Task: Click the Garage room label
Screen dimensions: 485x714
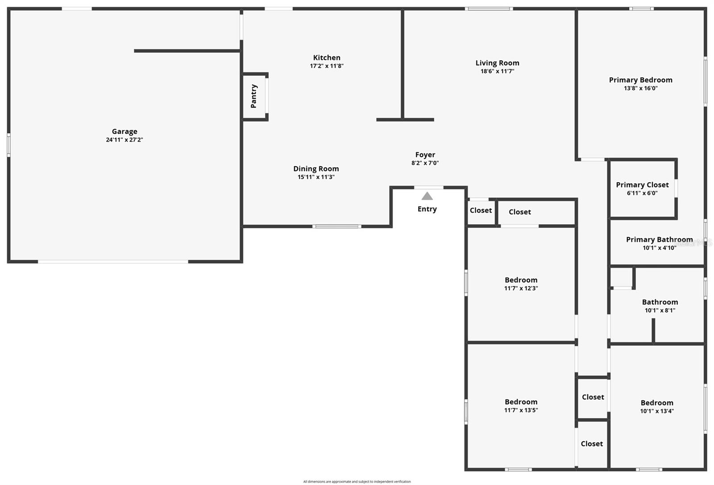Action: point(125,131)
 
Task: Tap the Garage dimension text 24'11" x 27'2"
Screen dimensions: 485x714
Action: point(125,140)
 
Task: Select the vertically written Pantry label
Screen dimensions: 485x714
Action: point(253,96)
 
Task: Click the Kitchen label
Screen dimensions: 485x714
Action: point(327,58)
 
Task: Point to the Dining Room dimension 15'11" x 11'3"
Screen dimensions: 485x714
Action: point(316,177)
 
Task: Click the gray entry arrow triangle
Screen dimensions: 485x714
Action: point(427,196)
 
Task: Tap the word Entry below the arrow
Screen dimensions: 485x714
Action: point(427,209)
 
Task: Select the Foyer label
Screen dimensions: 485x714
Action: point(425,155)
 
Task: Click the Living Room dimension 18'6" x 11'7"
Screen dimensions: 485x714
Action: point(497,71)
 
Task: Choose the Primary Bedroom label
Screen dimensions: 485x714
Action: point(640,80)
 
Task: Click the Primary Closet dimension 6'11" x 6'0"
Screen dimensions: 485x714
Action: point(642,193)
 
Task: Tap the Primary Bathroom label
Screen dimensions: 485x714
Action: point(659,239)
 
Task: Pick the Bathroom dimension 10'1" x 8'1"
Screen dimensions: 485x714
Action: point(660,310)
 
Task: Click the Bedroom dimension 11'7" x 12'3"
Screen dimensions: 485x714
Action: point(521,288)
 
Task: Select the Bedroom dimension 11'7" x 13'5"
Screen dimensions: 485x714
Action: point(521,410)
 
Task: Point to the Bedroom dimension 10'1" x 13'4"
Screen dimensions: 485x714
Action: point(657,411)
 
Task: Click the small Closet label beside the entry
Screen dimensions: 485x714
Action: point(481,210)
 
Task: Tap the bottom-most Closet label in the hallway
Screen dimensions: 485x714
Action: point(592,443)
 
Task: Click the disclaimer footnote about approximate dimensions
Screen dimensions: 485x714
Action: point(357,481)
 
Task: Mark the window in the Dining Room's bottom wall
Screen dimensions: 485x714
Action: point(336,226)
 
